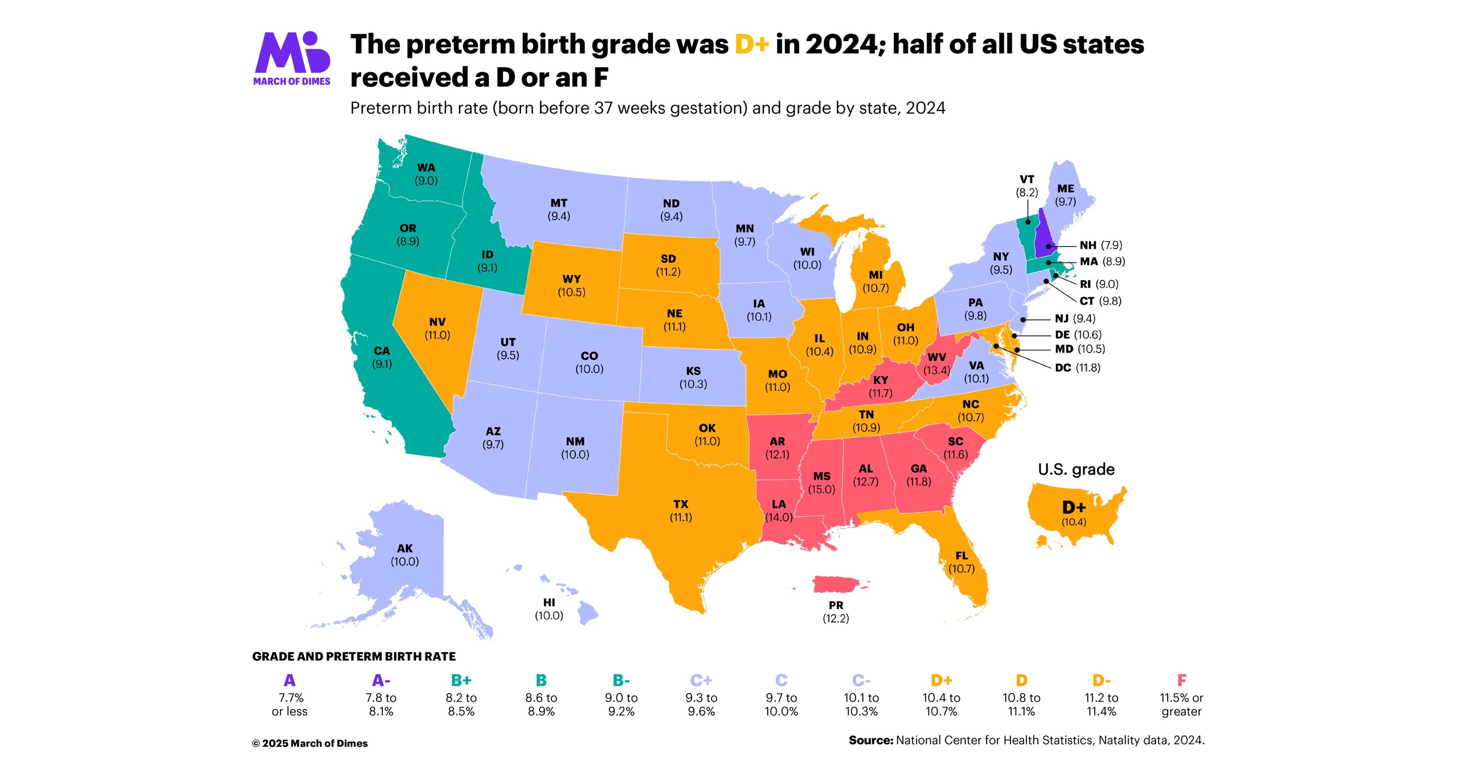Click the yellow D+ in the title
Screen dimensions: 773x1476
[751, 44]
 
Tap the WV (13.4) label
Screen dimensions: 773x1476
[936, 364]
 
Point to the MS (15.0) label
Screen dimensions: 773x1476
[821, 483]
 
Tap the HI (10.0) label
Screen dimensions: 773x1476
[549, 608]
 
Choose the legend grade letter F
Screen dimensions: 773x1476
[1181, 680]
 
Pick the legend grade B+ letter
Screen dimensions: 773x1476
[460, 680]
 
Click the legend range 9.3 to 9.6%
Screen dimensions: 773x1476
[701, 704]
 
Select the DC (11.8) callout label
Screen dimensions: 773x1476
[1077, 367]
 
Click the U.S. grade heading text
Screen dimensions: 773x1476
[1076, 470]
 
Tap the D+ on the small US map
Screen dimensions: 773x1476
[1073, 507]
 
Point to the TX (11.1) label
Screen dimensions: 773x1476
[681, 511]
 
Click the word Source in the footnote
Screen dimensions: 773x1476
[871, 740]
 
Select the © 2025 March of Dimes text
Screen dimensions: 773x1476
[310, 743]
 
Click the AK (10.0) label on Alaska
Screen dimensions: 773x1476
[405, 555]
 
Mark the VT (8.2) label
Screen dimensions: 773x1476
[1027, 185]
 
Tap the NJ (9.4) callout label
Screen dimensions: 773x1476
[1075, 318]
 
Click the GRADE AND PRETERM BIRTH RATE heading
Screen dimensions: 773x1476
[353, 656]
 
